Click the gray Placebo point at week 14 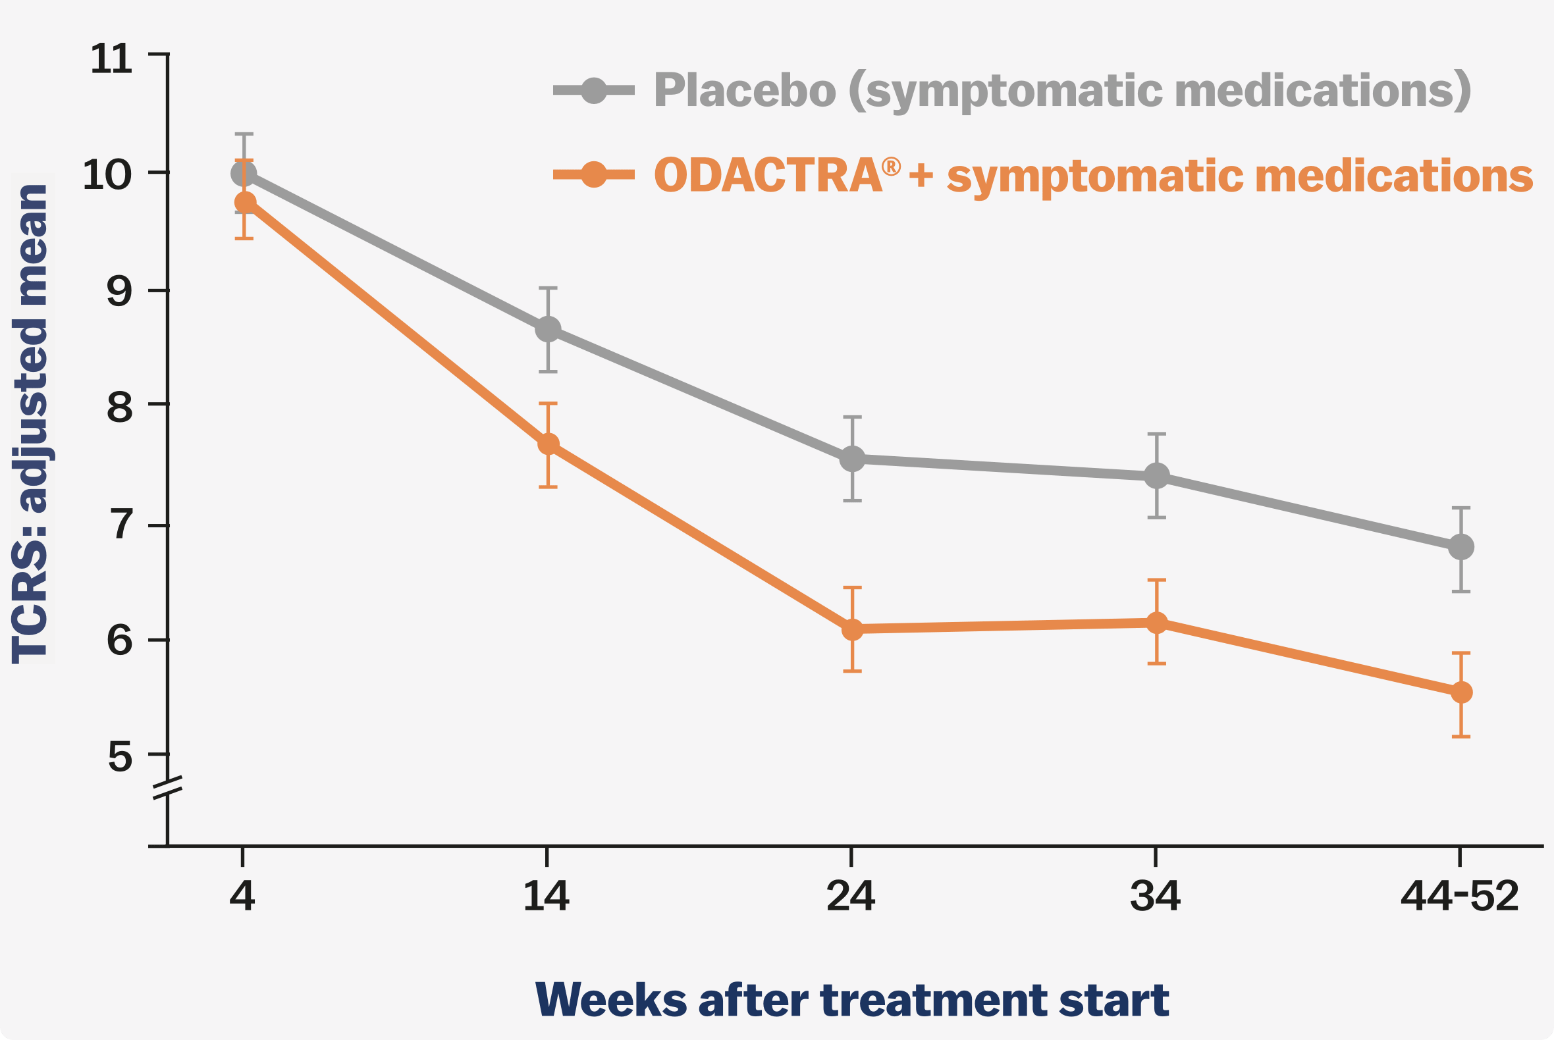click(x=548, y=329)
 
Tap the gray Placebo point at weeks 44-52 click(x=1461, y=547)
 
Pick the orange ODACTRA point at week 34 click(x=1156, y=622)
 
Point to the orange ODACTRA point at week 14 click(x=548, y=444)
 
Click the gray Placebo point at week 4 click(x=244, y=174)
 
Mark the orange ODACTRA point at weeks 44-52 click(x=1461, y=692)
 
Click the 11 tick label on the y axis click(x=111, y=60)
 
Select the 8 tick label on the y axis click(x=119, y=407)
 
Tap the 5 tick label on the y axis click(x=119, y=758)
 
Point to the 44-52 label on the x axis click(x=1460, y=897)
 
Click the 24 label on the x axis click(x=851, y=897)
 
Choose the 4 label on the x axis click(x=242, y=897)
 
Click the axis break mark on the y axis click(x=167, y=787)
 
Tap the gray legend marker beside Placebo click(x=594, y=90)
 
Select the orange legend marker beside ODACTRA click(x=594, y=174)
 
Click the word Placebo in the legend click(x=745, y=90)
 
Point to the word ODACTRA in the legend click(x=768, y=176)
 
